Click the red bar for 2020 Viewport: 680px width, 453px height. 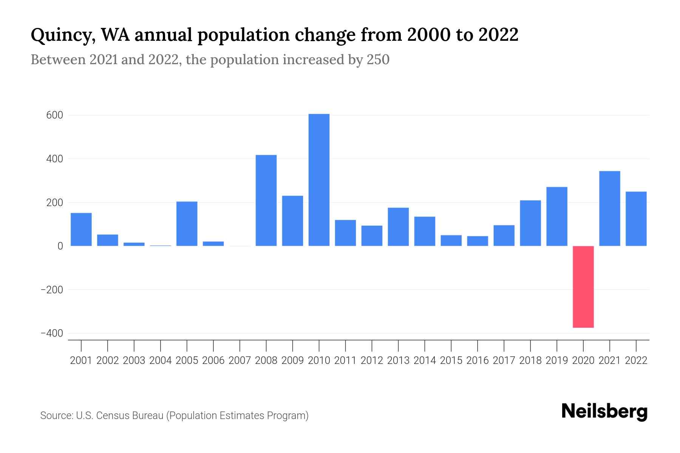583,287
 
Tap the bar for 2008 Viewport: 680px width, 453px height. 266,200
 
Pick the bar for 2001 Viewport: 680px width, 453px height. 81,230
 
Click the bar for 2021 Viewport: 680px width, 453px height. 610,208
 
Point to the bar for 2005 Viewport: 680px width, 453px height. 187,224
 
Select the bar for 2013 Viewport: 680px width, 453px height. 398,227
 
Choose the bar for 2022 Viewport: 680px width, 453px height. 636,219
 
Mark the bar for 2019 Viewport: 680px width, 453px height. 557,216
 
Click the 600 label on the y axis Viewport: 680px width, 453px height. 54,115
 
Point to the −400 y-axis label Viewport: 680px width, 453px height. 52,334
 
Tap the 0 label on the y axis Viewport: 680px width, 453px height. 60,246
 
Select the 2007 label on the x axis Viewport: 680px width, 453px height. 240,361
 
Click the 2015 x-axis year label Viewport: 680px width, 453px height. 451,361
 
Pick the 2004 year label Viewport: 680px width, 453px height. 161,361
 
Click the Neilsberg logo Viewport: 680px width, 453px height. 604,411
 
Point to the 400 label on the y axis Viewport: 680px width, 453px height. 54,159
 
